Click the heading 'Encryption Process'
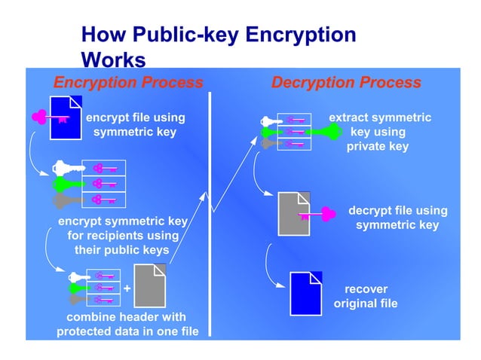[127, 82]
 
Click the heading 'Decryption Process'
[346, 82]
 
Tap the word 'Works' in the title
[112, 58]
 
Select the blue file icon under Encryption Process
[66, 117]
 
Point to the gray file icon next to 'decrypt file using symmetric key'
[293, 213]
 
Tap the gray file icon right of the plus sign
[149, 285]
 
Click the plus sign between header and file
[127, 288]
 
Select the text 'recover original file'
[366, 296]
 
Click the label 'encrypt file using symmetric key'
[135, 124]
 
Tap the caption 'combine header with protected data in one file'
[121, 325]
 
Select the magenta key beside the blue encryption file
[51, 117]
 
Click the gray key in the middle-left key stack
[66, 200]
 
